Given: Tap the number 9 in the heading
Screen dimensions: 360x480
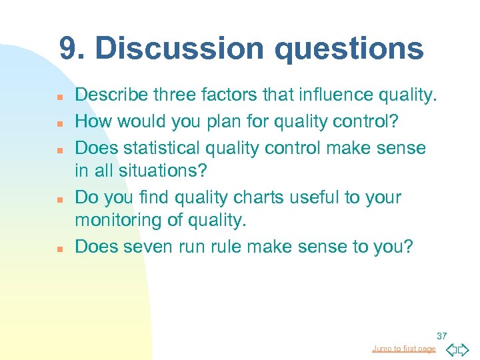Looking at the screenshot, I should [x=67, y=49].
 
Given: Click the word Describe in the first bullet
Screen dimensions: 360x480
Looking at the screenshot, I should [x=109, y=95].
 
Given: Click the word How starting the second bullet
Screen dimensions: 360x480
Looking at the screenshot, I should [x=90, y=121].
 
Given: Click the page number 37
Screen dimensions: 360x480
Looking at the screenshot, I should [x=442, y=336].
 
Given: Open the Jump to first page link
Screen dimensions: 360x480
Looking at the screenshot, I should [x=404, y=349].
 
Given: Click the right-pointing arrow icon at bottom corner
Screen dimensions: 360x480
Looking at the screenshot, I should [x=464, y=349].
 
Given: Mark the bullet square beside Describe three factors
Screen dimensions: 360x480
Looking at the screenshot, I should [x=59, y=97].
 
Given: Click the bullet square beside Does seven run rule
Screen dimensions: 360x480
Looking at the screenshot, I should [x=59, y=249].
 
